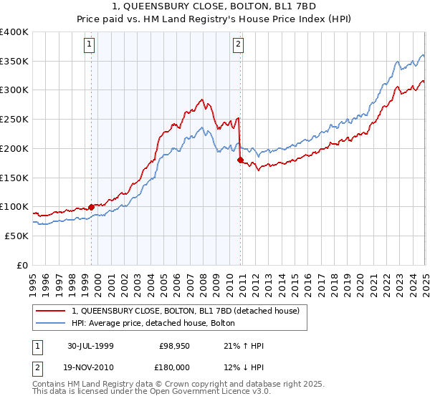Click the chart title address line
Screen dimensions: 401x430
(x=215, y=7)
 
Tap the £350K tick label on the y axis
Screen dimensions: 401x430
(x=14, y=61)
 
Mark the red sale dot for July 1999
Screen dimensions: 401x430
(x=92, y=207)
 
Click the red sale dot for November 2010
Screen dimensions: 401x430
(x=240, y=160)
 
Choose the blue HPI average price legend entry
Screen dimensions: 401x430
(x=158, y=324)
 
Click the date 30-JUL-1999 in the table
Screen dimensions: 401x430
(x=91, y=346)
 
